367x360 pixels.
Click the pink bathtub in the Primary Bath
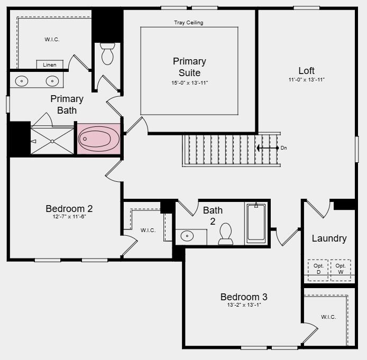pyautogui.click(x=99, y=139)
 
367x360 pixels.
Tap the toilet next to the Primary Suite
pyautogui.click(x=107, y=54)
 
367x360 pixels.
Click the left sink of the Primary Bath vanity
pyautogui.click(x=22, y=81)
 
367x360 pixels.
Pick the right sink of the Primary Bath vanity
pyautogui.click(x=52, y=81)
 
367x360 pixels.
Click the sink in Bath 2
pyautogui.click(x=187, y=236)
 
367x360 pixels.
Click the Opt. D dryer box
pyautogui.click(x=318, y=269)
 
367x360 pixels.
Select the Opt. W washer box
pyautogui.click(x=341, y=269)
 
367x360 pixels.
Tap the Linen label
pyautogui.click(x=50, y=65)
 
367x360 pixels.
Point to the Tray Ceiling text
pyautogui.click(x=189, y=23)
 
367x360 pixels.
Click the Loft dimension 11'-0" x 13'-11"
pyautogui.click(x=306, y=80)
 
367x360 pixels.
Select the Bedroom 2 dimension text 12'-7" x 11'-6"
pyautogui.click(x=69, y=217)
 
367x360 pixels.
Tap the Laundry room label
pyautogui.click(x=329, y=238)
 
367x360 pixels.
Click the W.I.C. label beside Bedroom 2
pyautogui.click(x=148, y=230)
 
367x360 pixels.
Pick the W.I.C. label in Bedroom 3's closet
pyautogui.click(x=328, y=317)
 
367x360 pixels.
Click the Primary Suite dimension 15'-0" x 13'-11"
pyautogui.click(x=189, y=83)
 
